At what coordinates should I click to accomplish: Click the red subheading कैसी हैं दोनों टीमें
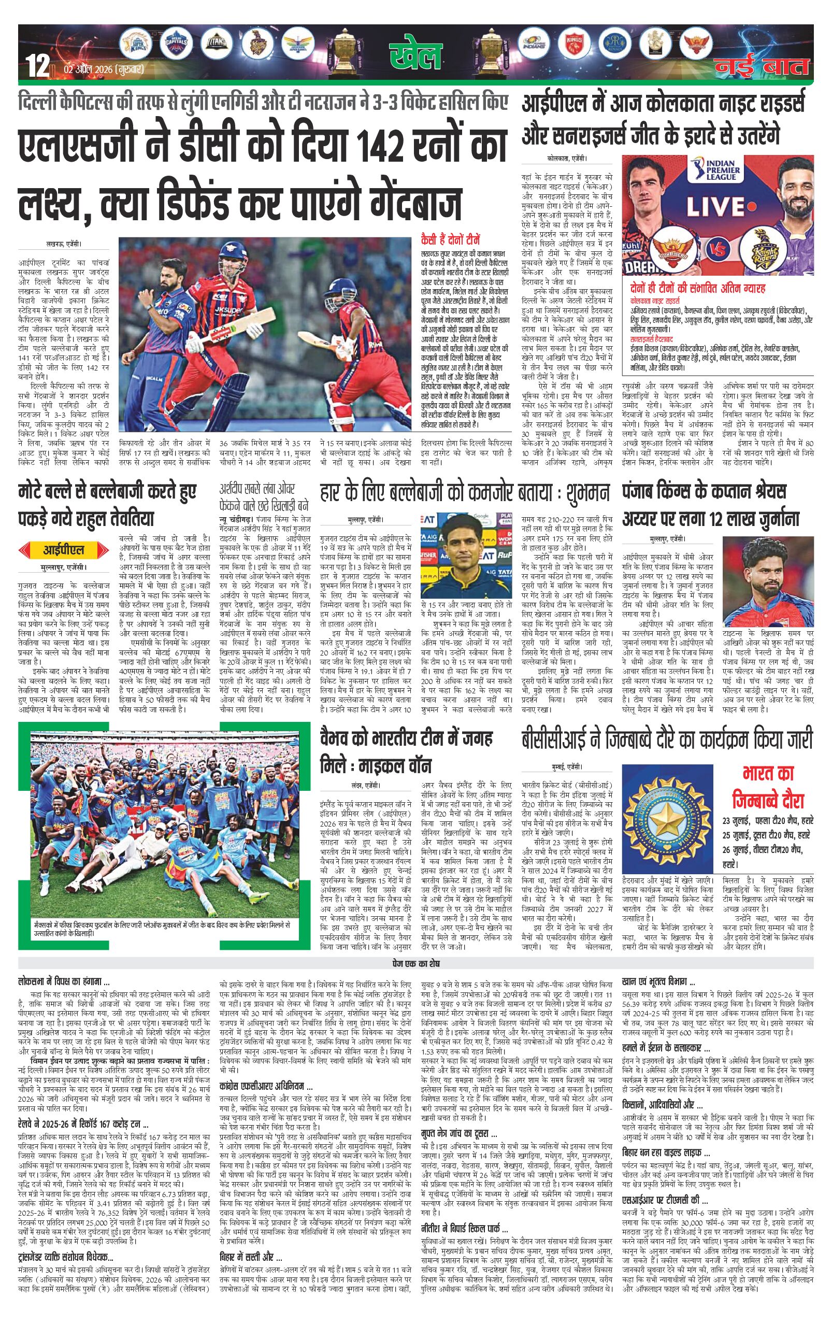(451, 239)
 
